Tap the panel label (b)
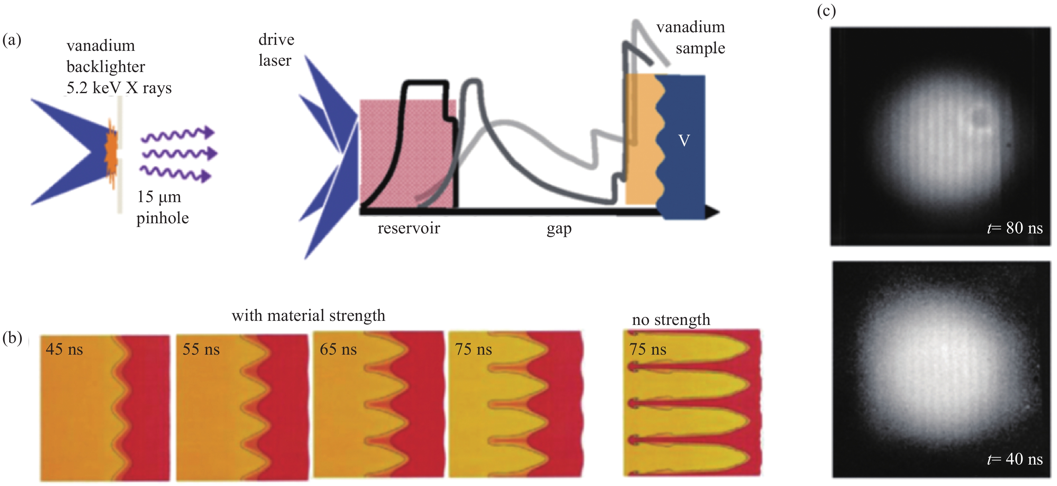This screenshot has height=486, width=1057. (x=12, y=338)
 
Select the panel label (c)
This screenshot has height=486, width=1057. (x=826, y=11)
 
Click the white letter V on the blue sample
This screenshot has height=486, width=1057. (x=684, y=141)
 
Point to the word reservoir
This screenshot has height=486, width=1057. (x=409, y=228)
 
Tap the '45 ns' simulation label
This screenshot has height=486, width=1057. (x=64, y=350)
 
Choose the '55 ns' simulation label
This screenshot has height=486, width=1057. (x=201, y=350)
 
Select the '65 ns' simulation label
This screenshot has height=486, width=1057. (x=338, y=350)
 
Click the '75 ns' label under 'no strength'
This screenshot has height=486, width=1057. (x=648, y=350)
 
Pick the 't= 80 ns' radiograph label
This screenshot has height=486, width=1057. (x=1014, y=228)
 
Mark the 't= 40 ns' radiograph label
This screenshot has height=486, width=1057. (x=1014, y=459)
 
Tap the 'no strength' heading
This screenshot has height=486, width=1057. (x=671, y=320)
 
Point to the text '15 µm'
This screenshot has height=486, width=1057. (x=159, y=197)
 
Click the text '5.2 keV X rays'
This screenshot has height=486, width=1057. (x=119, y=88)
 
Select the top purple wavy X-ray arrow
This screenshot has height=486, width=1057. (x=178, y=135)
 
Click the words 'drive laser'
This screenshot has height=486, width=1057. (x=276, y=50)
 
